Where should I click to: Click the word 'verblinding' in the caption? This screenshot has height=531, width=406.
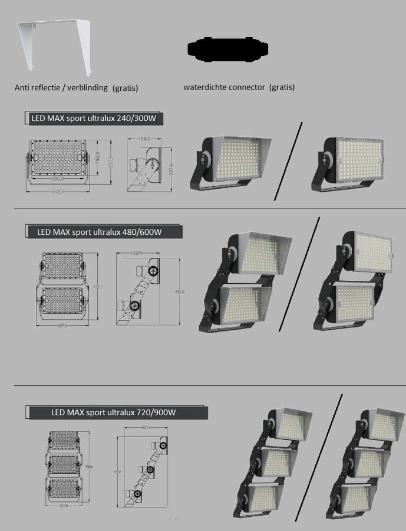tap(86, 87)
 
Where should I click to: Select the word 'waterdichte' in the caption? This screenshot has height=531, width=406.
tap(204, 87)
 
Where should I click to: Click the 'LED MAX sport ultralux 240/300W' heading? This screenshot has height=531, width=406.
tap(93, 119)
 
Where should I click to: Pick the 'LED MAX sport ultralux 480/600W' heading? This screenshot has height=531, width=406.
tap(99, 232)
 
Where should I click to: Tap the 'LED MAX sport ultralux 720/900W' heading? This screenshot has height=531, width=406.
tap(113, 412)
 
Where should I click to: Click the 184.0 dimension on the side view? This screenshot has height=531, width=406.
tap(144, 139)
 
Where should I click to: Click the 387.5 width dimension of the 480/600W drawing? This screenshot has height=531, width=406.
tap(61, 325)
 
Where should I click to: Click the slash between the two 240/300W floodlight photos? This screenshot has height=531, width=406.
tap(288, 161)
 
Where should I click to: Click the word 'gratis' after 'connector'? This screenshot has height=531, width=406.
tap(282, 87)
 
